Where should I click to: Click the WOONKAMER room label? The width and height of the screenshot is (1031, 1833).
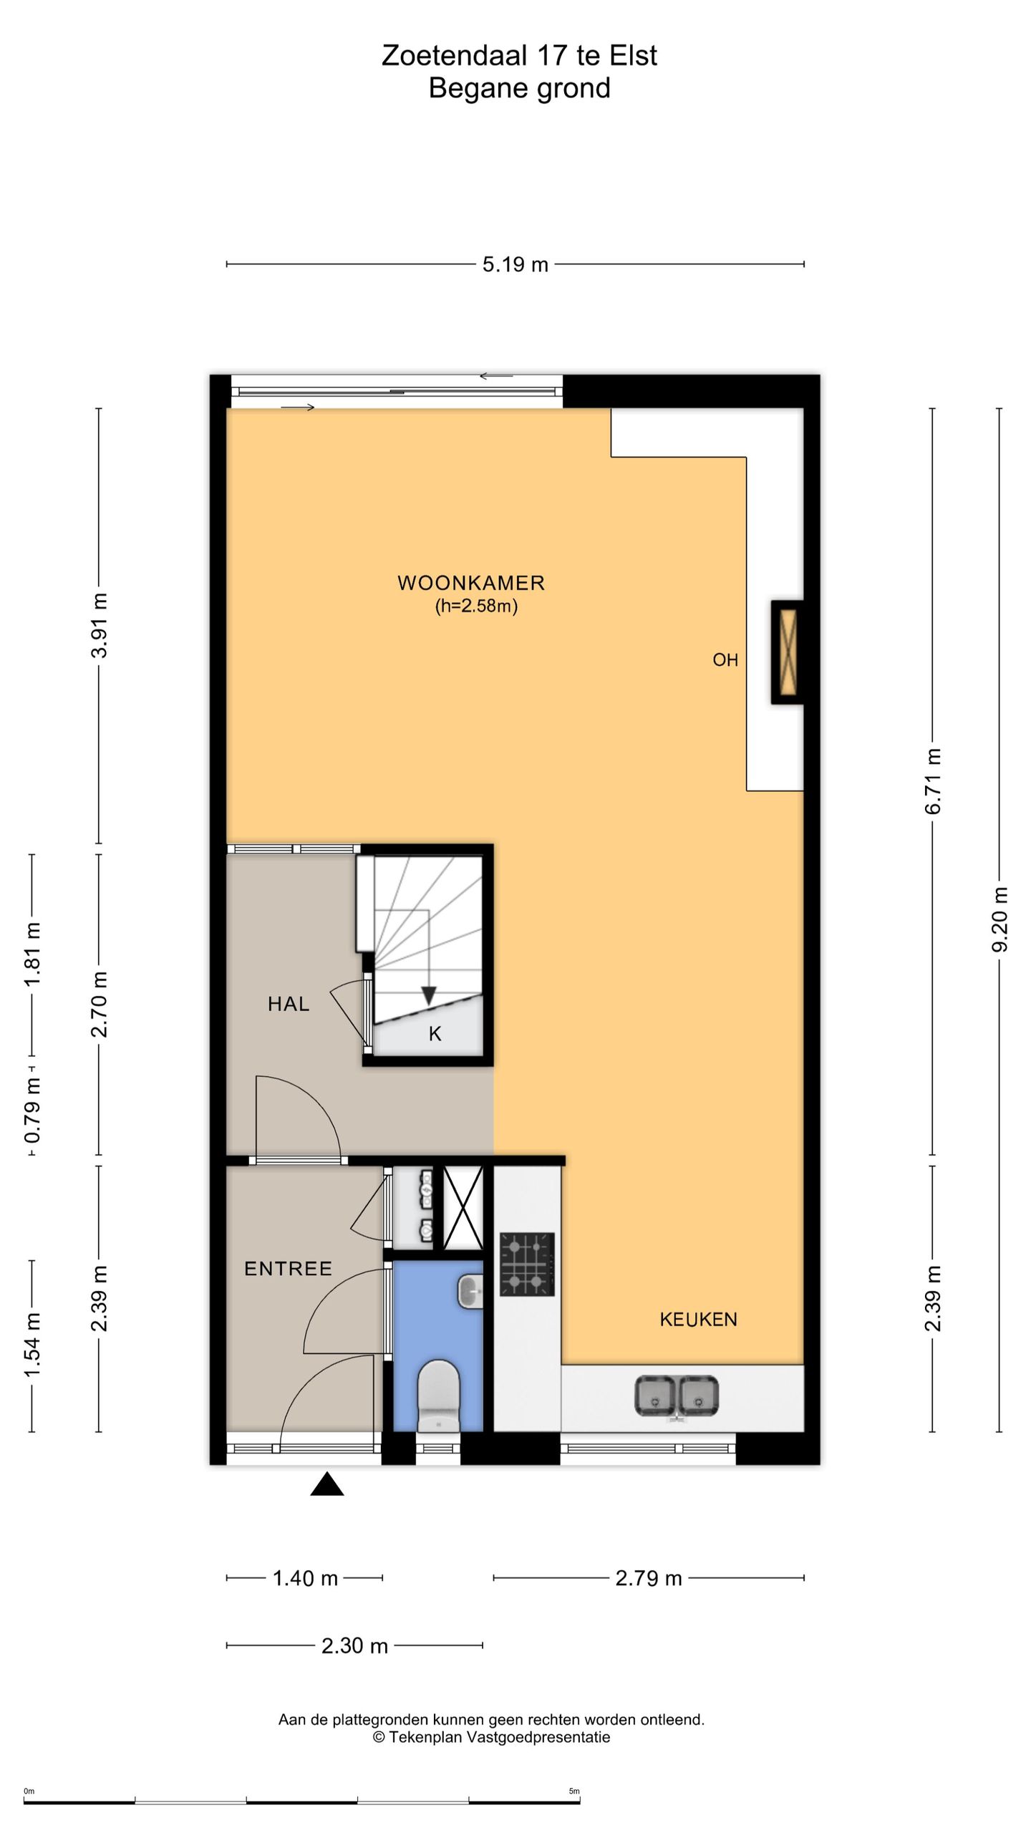(471, 583)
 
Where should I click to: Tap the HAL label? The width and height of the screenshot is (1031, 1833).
(289, 1004)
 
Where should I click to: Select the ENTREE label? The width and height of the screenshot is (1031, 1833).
(288, 1269)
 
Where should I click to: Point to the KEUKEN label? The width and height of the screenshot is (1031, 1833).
(698, 1320)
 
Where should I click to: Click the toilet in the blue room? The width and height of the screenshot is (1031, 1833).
(438, 1396)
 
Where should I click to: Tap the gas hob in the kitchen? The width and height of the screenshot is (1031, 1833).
(527, 1264)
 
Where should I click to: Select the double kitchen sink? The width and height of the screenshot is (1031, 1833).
(677, 1396)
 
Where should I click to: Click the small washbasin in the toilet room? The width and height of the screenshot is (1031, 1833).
(470, 1292)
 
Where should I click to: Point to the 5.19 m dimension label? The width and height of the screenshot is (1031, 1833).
(515, 265)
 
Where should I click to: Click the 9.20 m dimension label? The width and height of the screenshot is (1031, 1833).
(1000, 919)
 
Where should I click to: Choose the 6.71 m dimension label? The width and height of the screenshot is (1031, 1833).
(933, 781)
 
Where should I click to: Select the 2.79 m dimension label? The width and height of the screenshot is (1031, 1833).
(649, 1578)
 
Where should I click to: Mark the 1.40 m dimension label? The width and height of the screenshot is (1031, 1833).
(305, 1578)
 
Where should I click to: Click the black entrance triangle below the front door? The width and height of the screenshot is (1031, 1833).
(327, 1484)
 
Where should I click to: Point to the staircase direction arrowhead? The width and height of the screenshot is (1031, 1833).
(429, 995)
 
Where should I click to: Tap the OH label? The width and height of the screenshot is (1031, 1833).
(725, 660)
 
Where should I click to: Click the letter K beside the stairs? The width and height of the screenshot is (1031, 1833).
(435, 1034)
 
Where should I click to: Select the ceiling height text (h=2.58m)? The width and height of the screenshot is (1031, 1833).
(476, 606)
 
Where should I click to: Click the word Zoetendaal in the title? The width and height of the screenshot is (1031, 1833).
(456, 55)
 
